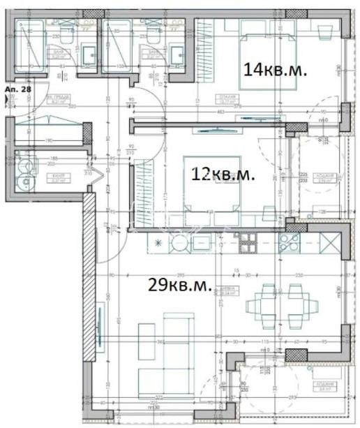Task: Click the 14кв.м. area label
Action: tap(275, 70)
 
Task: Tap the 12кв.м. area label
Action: tap(224, 175)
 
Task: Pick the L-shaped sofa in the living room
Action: tap(166, 356)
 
